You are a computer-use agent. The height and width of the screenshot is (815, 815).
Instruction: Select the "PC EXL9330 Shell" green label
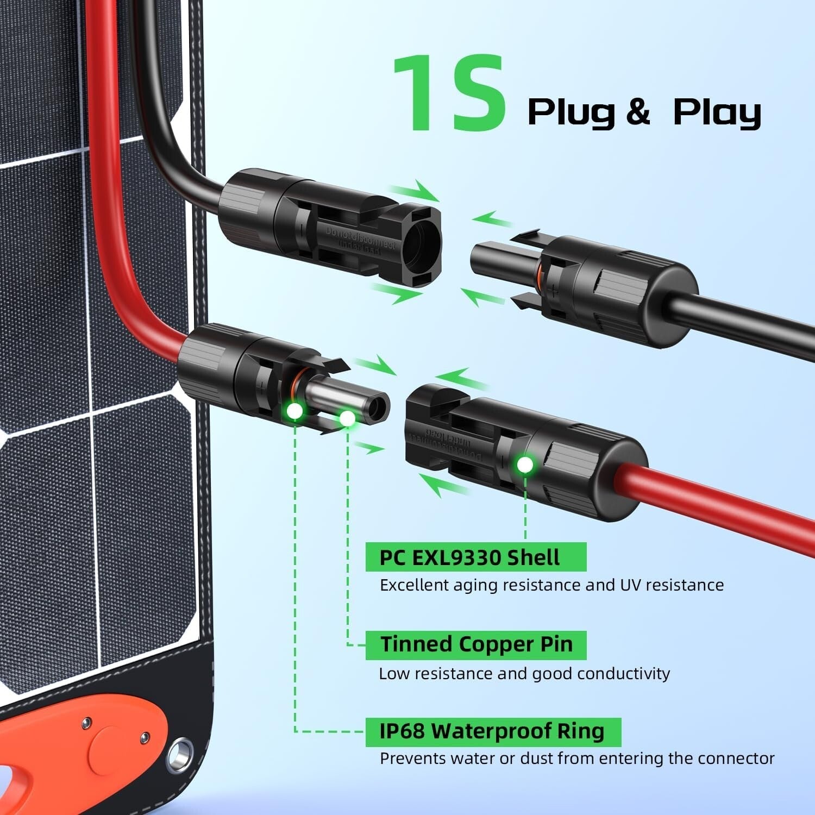[x=475, y=557]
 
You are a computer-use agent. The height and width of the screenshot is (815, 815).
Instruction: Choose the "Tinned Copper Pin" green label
[x=475, y=645]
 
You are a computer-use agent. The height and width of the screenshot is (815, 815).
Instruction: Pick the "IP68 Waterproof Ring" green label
[x=492, y=731]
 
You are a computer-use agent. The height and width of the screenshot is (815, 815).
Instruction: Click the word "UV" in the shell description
[x=630, y=585]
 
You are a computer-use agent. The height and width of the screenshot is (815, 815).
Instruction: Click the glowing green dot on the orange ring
[x=294, y=411]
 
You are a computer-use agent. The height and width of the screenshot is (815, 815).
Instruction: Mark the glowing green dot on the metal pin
[x=347, y=418]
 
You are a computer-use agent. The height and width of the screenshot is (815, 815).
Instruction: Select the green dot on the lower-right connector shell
[x=525, y=465]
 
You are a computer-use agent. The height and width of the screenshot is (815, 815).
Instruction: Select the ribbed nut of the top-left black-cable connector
[x=247, y=208]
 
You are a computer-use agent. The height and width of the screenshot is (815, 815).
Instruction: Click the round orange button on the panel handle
[x=110, y=749]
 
